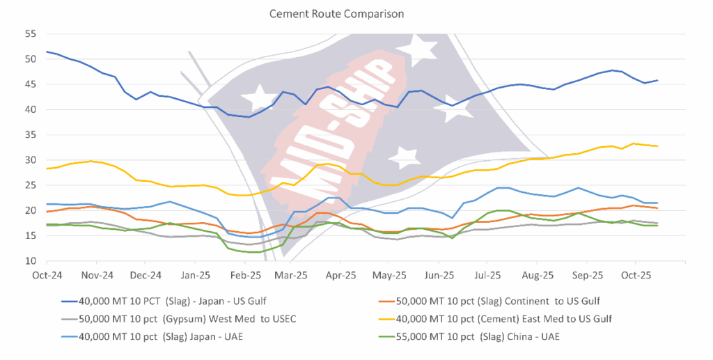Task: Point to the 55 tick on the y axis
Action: (x=30, y=33)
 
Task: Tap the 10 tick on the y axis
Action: (x=30, y=261)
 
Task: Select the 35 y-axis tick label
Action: (x=30, y=135)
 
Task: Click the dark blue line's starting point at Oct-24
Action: (x=47, y=52)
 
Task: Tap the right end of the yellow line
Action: (x=657, y=146)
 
